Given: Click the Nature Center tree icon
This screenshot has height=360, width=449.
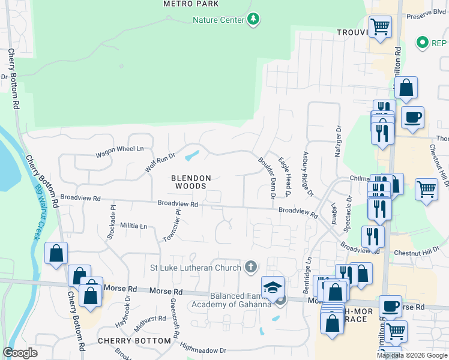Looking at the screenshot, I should (x=254, y=20).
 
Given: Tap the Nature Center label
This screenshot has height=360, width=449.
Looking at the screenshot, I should (x=218, y=20).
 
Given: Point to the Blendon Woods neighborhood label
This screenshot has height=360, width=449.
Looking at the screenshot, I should (x=191, y=182).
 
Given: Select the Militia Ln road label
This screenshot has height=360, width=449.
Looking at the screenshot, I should (x=133, y=226).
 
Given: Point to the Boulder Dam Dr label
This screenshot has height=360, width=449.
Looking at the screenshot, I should (x=267, y=178).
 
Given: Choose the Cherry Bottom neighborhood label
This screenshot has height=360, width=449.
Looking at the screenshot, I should (x=134, y=341).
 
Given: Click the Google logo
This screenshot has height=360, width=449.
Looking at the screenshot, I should (x=20, y=353).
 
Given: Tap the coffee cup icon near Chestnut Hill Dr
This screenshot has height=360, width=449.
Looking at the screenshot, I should (x=412, y=118).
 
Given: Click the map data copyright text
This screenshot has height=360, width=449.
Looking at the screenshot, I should (x=412, y=355).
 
